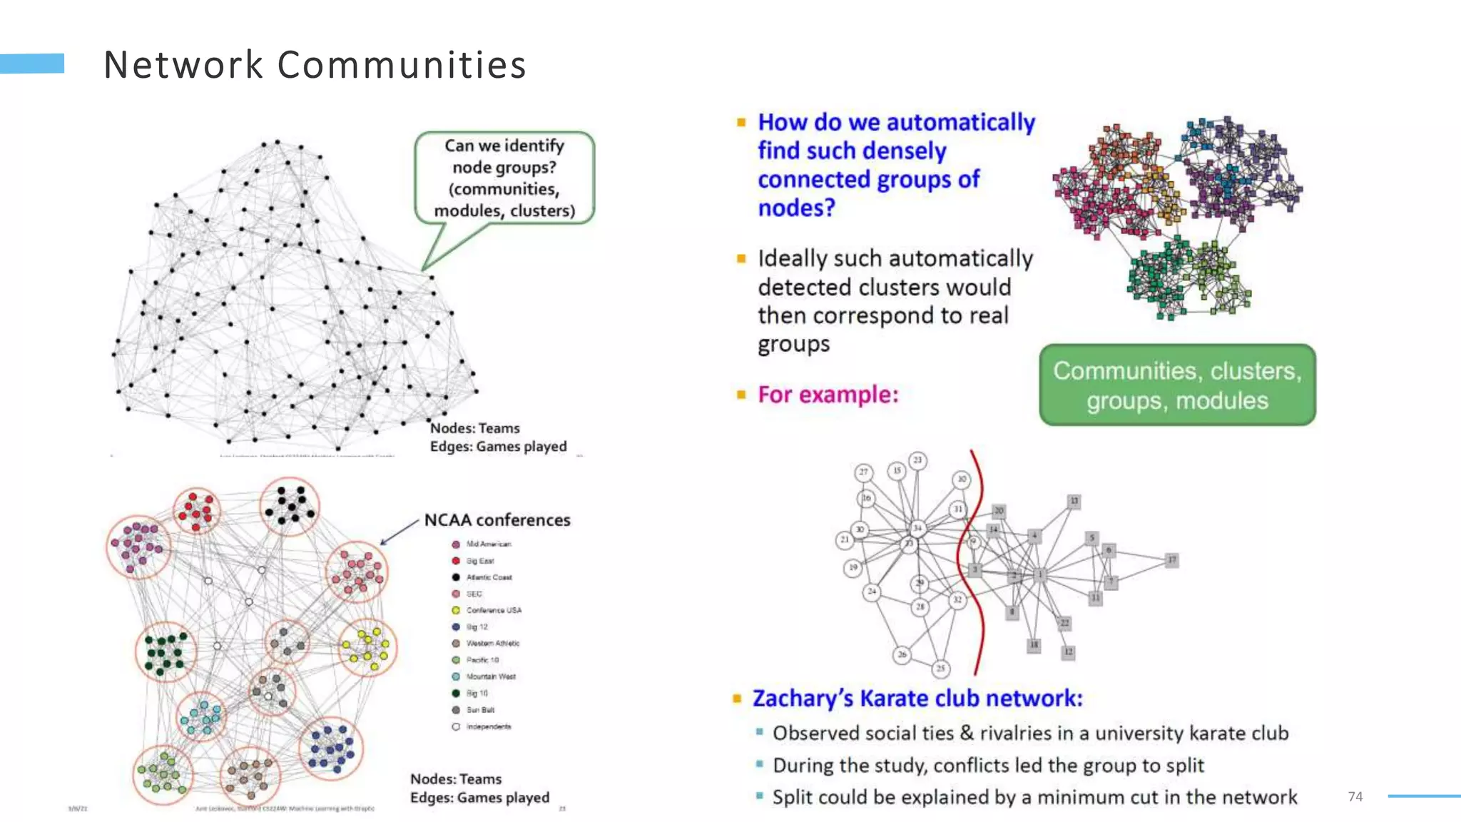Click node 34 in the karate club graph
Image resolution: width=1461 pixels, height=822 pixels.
(x=917, y=528)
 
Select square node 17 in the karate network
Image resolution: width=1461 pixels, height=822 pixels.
(x=1171, y=560)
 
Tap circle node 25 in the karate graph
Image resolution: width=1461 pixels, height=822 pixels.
(x=941, y=669)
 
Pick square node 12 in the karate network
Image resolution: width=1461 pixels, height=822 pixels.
(x=1068, y=651)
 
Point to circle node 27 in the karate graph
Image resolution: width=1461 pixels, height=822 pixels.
(x=864, y=472)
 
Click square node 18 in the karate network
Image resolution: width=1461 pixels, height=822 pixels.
(x=1034, y=645)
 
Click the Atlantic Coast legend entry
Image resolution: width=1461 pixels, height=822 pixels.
(x=489, y=577)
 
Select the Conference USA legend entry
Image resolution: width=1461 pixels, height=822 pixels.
(x=493, y=610)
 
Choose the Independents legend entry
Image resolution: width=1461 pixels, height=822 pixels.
(x=488, y=726)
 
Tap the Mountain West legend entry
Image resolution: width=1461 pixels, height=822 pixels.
(x=490, y=676)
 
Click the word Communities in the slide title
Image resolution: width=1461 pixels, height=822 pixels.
(x=402, y=65)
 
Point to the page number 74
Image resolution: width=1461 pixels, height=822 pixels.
(x=1355, y=796)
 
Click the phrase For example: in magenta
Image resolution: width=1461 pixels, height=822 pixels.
(x=828, y=394)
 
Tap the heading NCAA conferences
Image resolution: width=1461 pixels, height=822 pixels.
(x=497, y=519)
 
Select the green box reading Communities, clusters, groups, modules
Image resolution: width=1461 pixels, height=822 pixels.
(x=1177, y=385)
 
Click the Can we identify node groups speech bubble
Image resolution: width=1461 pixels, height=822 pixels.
(x=504, y=178)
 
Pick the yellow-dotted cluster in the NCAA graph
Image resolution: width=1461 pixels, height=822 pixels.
(x=367, y=646)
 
